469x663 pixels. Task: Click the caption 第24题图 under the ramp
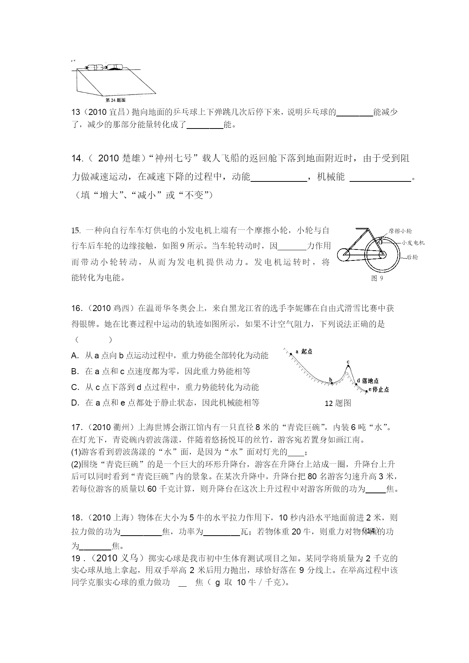pos(115,100)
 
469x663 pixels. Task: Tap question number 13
pos(76,112)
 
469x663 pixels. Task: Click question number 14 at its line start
pos(77,158)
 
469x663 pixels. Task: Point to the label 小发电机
pos(413,243)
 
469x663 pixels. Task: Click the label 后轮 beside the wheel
pos(412,257)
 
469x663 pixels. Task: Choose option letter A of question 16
pos(75,355)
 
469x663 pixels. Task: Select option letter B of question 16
pos(75,371)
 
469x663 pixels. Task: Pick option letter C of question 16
pos(75,387)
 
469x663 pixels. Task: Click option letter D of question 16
pos(75,403)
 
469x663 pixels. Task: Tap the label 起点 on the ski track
pos(306,352)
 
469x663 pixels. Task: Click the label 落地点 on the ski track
pos(370,381)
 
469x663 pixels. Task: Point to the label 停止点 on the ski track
pos(381,390)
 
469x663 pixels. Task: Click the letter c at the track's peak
pos(348,362)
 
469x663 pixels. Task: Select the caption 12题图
pos(338,403)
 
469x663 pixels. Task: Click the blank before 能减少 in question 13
pos(354,112)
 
